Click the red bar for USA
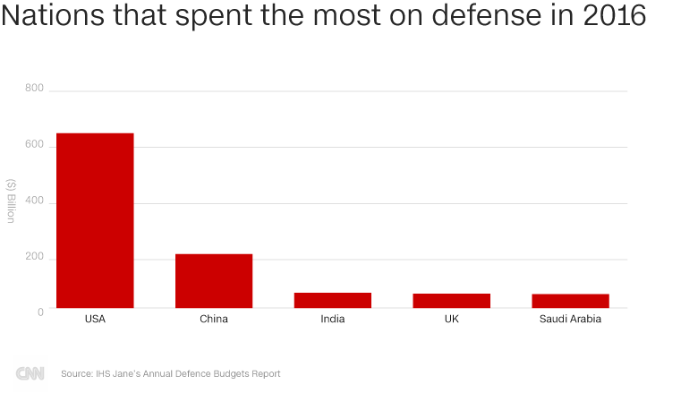(95, 220)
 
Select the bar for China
(214, 281)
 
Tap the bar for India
(333, 300)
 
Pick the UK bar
(452, 301)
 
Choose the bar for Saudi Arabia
(571, 301)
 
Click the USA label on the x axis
(95, 319)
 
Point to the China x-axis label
(214, 319)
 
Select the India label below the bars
(333, 319)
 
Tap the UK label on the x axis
(452, 319)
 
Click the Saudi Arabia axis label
(571, 319)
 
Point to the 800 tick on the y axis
(34, 88)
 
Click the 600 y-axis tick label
(34, 146)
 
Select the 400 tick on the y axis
(34, 202)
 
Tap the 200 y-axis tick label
(34, 259)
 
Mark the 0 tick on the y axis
(39, 311)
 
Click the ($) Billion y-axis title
(11, 201)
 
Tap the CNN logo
(30, 372)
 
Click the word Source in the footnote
(77, 373)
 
